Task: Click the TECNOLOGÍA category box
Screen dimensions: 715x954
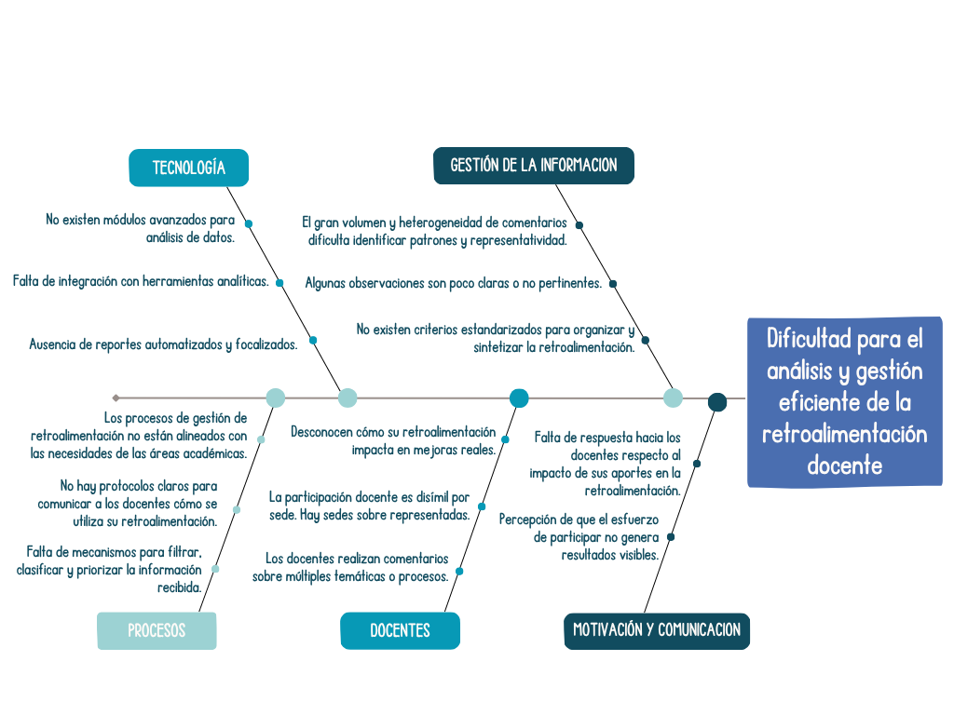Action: click(188, 168)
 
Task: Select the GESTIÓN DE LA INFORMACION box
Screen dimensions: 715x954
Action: click(533, 166)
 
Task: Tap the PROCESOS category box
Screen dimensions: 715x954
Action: click(157, 630)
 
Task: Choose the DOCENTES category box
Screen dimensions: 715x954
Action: click(400, 630)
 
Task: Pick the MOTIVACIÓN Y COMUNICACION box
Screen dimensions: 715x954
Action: click(656, 630)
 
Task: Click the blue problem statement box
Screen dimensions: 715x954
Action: click(845, 402)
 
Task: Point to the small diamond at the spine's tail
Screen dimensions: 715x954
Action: click(116, 398)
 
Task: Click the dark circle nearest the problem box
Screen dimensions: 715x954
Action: click(716, 402)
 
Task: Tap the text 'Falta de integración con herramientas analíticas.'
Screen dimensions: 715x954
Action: click(141, 281)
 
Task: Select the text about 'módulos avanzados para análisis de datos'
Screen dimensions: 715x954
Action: click(140, 228)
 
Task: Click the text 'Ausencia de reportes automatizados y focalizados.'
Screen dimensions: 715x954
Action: click(163, 344)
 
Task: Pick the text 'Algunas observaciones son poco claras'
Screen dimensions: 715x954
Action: click(453, 283)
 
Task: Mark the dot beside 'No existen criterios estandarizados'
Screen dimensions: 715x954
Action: click(645, 340)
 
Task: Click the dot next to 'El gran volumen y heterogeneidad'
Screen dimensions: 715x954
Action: click(579, 224)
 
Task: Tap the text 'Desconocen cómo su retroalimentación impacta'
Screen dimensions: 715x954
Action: click(393, 440)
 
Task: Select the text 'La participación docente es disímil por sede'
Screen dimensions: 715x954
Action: click(369, 506)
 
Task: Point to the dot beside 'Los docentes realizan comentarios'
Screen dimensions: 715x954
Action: click(459, 571)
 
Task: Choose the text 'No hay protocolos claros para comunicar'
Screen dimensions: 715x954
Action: click(128, 503)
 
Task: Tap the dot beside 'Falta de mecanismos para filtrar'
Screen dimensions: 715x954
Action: click(215, 569)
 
